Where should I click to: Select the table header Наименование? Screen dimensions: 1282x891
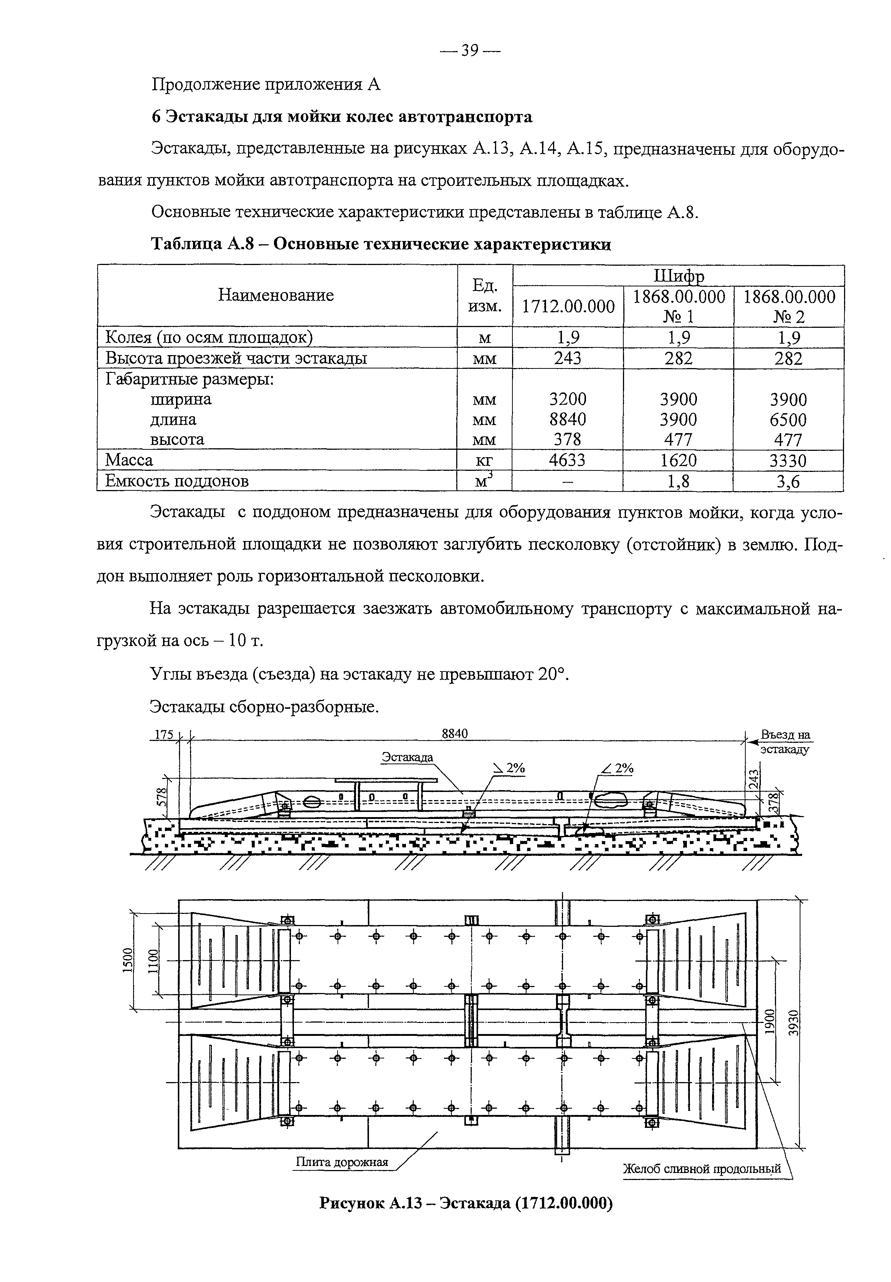click(x=276, y=295)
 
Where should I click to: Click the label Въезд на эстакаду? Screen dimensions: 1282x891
click(x=785, y=742)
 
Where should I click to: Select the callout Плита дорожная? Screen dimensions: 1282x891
click(x=341, y=1162)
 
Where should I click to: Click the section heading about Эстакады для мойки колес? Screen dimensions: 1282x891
click(x=342, y=117)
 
